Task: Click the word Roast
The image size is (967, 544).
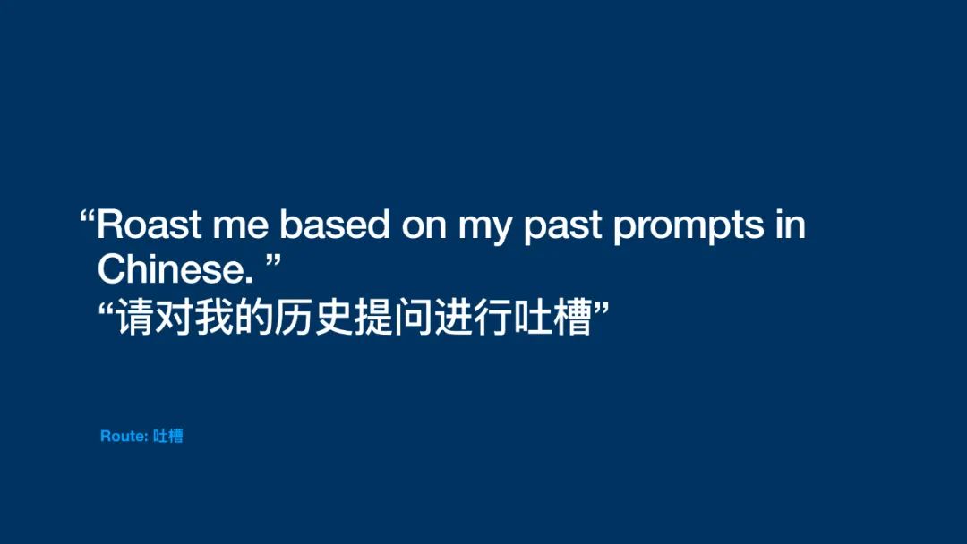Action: (149, 225)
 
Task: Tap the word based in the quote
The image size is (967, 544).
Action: (335, 225)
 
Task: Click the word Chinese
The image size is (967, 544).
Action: (175, 269)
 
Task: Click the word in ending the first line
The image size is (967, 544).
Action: (791, 225)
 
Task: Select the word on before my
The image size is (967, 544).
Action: (424, 227)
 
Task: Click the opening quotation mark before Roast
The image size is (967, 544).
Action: (88, 217)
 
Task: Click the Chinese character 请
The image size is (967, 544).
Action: (135, 317)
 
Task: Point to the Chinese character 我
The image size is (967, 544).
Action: (214, 317)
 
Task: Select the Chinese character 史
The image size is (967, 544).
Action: (333, 317)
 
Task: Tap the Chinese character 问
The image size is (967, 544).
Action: (413, 317)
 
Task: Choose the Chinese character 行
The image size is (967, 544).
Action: (492, 317)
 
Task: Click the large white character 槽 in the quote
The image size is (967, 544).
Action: (571, 317)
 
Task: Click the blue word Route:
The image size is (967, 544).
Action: (124, 437)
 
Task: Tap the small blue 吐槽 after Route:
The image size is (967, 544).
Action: (167, 437)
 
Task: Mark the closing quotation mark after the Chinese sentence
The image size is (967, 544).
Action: (601, 308)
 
